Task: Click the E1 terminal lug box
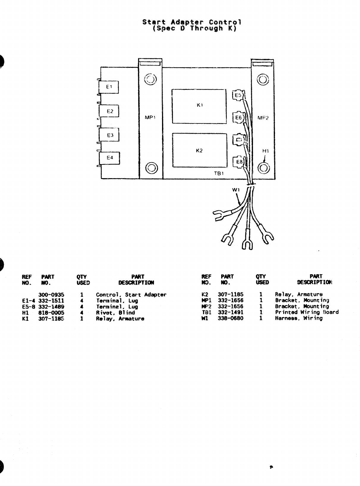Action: pyautogui.click(x=109, y=87)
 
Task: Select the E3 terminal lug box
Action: pyautogui.click(x=110, y=135)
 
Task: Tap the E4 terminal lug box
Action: pyautogui.click(x=110, y=158)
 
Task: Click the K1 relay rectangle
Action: pyautogui.click(x=199, y=106)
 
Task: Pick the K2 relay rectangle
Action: pyautogui.click(x=199, y=150)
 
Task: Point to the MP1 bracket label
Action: pyautogui.click(x=150, y=117)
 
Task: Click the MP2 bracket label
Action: pyautogui.click(x=263, y=118)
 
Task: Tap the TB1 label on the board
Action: pyautogui.click(x=219, y=173)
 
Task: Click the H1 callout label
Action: pyautogui.click(x=265, y=151)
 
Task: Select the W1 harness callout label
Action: pyautogui.click(x=236, y=190)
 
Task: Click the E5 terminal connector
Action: pyautogui.click(x=238, y=95)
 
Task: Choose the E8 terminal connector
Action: pyautogui.click(x=239, y=162)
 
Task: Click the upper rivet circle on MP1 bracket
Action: pyautogui.click(x=150, y=79)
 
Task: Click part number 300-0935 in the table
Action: pyautogui.click(x=51, y=295)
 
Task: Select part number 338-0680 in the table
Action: pyautogui.click(x=230, y=318)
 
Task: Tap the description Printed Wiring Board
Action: pyautogui.click(x=306, y=312)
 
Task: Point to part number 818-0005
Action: pyautogui.click(x=51, y=313)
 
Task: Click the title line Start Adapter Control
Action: pyautogui.click(x=192, y=22)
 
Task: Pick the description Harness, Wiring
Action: pyautogui.click(x=298, y=318)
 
